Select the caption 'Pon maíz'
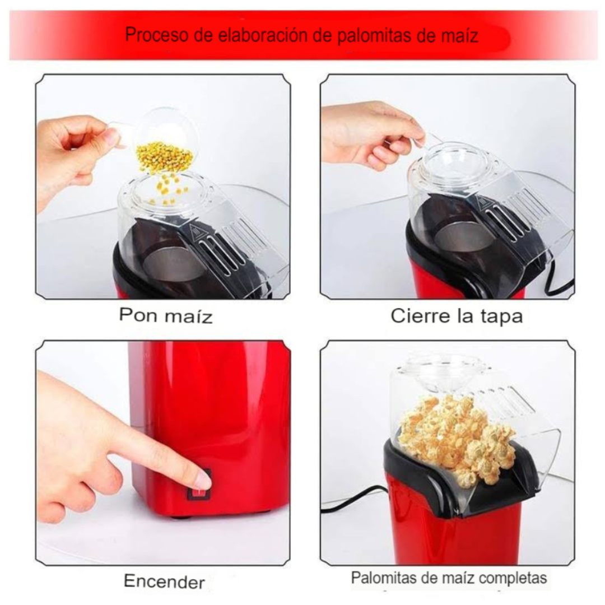coord(166,315)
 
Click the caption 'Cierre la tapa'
coord(457,316)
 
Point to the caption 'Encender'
coord(164,581)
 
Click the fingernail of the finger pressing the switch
coord(203,480)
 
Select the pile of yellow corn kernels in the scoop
coord(164,156)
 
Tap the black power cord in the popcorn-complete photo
coord(353,500)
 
